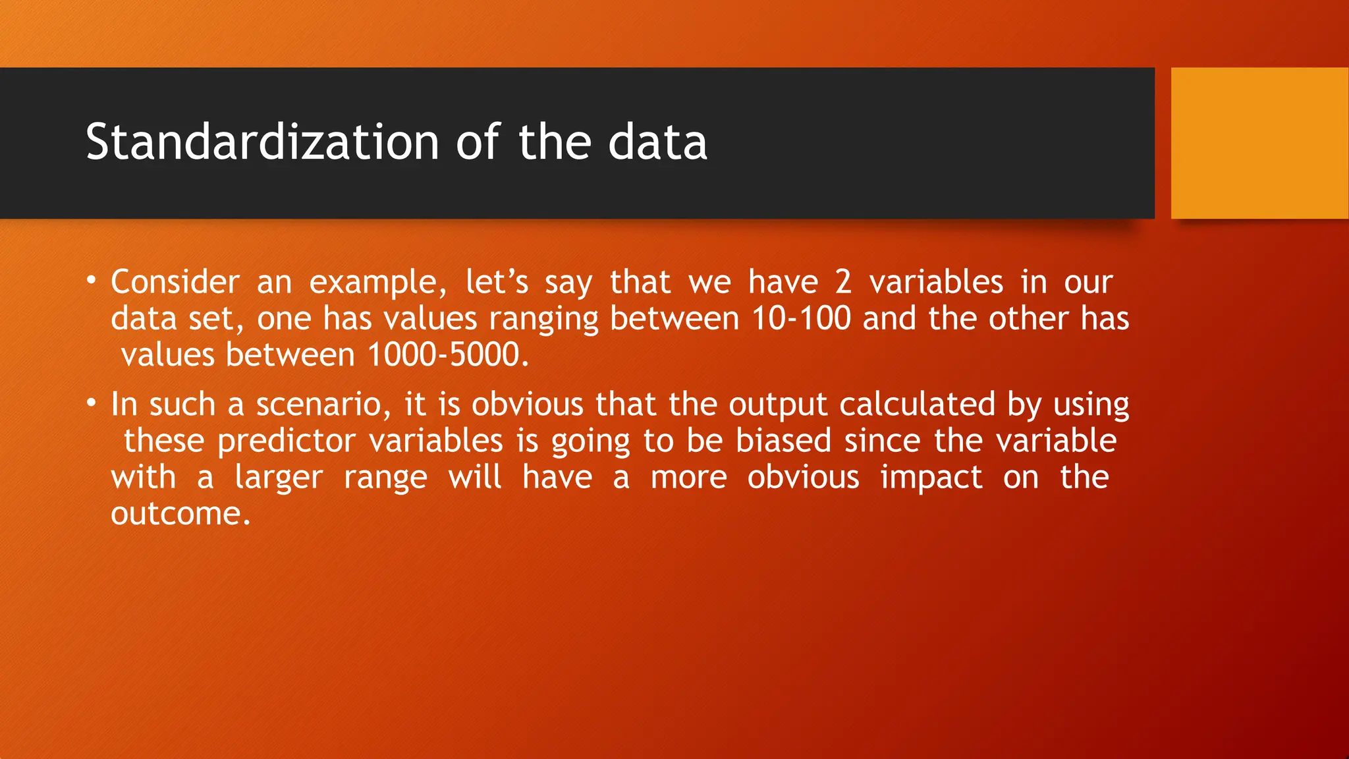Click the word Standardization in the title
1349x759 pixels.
point(262,142)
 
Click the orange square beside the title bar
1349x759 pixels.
point(1259,143)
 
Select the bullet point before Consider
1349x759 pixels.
point(92,281)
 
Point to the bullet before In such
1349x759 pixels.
point(92,403)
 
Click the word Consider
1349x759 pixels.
point(175,283)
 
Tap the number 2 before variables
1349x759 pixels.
point(843,283)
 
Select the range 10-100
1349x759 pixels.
point(801,319)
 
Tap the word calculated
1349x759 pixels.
point(917,405)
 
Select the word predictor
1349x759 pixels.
point(287,441)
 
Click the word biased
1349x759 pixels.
point(783,441)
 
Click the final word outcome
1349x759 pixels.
point(180,514)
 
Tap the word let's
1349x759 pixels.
point(497,283)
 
